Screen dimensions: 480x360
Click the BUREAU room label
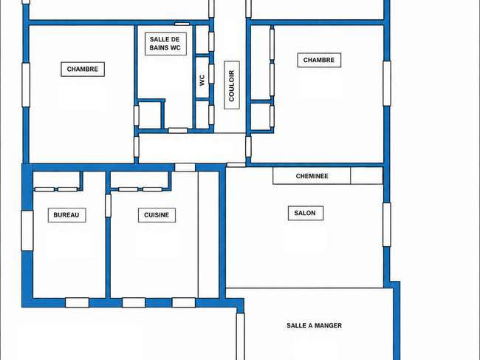click(x=66, y=215)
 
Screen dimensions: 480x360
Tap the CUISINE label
click(x=157, y=215)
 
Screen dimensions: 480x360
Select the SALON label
click(x=305, y=213)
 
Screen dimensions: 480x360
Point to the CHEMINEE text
click(x=312, y=176)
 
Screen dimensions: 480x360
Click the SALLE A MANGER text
click(x=314, y=325)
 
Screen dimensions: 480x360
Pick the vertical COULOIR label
click(x=232, y=86)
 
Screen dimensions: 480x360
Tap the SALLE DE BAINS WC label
click(x=165, y=44)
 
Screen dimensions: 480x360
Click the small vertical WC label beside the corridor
click(x=202, y=81)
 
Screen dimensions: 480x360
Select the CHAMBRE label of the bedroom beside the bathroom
click(x=83, y=69)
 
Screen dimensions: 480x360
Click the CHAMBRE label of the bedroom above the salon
click(x=319, y=60)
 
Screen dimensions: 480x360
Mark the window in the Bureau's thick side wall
click(x=27, y=231)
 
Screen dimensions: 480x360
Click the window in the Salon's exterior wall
click(x=387, y=225)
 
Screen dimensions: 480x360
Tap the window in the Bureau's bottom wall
click(x=77, y=302)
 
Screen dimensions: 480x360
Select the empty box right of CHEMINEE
click(x=367, y=175)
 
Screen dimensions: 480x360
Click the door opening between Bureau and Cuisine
click(x=108, y=206)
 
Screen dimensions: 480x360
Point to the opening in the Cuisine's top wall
click(x=185, y=167)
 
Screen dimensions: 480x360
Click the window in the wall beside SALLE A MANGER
click(x=240, y=336)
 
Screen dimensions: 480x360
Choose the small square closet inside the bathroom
click(x=150, y=115)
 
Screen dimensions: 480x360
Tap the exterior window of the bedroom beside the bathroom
click(x=26, y=85)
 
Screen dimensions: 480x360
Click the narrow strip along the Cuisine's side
click(x=208, y=234)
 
